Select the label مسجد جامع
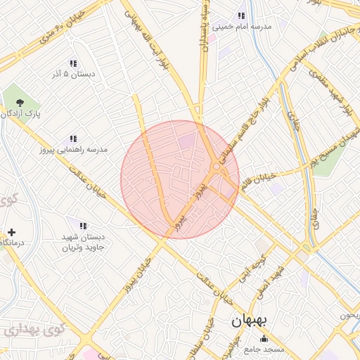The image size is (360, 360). point(264,349)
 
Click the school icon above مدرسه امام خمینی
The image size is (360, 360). point(241,16)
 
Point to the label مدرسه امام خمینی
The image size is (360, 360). point(243,27)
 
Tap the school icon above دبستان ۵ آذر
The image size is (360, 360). point(73,63)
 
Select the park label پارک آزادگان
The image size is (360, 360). point(20,112)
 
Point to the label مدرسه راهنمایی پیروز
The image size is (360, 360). point(74,150)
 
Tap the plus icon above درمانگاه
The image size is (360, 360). point(11,232)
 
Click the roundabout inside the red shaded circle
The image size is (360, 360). point(215,166)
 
